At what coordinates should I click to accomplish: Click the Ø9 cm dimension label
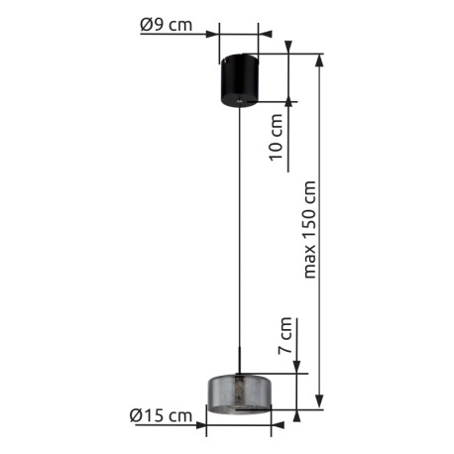(x=167, y=25)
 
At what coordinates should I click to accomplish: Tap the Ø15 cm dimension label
(x=161, y=415)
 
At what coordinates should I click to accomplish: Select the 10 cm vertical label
(x=276, y=138)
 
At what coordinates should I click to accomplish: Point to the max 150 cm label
(x=309, y=230)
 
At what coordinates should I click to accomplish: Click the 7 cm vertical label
(x=285, y=335)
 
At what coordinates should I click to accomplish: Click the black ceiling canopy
(x=239, y=80)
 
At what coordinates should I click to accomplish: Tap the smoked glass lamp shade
(x=239, y=394)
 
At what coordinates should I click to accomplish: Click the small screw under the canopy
(x=239, y=100)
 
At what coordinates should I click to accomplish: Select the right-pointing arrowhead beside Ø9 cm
(x=213, y=34)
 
